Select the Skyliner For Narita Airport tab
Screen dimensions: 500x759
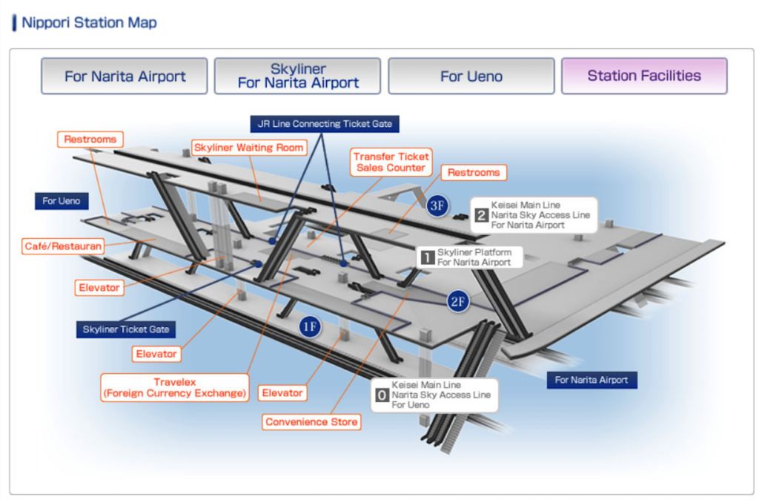coord(297,76)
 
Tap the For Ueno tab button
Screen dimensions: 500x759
coord(471,76)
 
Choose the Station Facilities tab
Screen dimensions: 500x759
coord(644,76)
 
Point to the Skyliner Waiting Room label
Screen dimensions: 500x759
coord(249,148)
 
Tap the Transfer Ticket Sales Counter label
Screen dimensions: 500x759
coord(391,162)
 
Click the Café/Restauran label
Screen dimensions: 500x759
coord(62,245)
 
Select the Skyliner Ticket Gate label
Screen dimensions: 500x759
coord(126,329)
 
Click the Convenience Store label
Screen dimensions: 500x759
coord(311,422)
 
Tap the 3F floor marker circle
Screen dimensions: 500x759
coord(437,206)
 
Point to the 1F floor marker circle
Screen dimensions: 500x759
coord(310,326)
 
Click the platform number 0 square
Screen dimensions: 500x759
coord(382,396)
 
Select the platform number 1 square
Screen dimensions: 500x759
coord(427,257)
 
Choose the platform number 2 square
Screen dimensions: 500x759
coord(481,215)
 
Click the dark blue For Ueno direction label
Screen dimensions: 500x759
coord(61,201)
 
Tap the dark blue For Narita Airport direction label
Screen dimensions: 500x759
coord(591,380)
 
